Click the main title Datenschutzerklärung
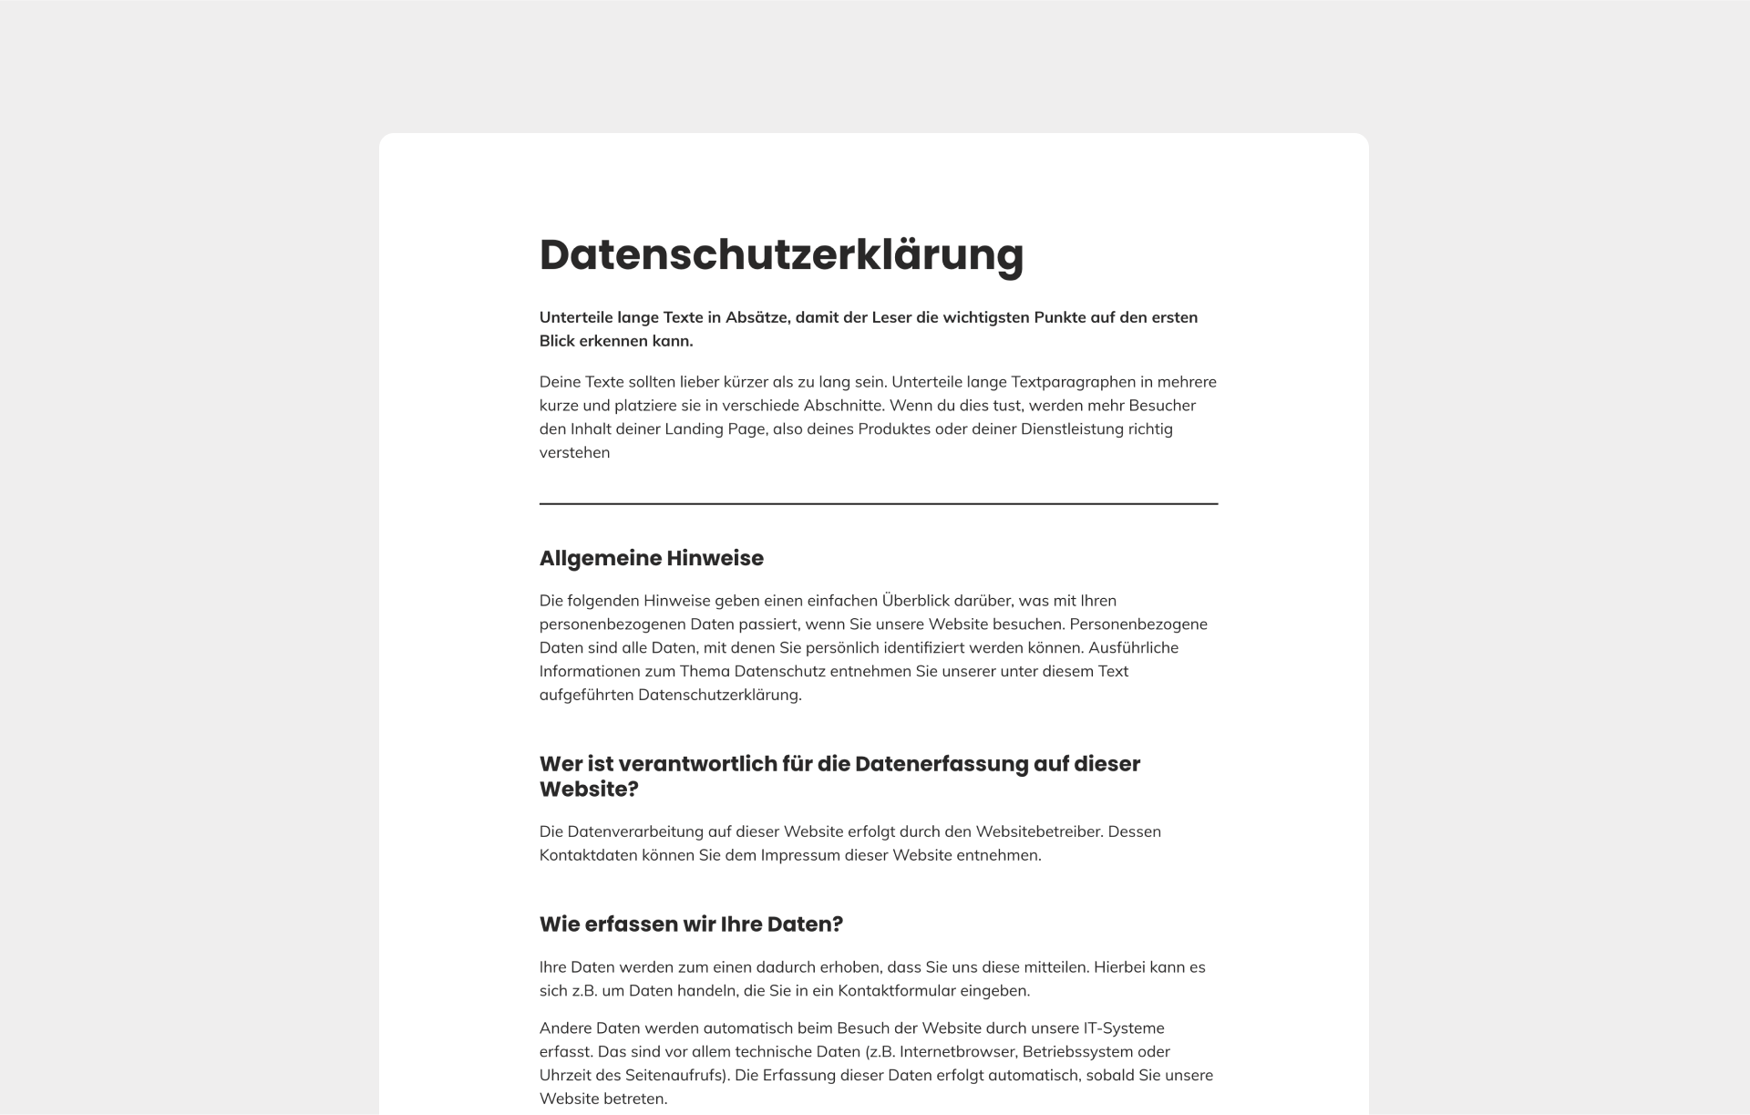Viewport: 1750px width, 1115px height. coord(781,254)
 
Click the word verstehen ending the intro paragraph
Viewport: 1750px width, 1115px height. coord(574,452)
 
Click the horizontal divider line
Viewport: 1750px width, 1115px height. coord(878,503)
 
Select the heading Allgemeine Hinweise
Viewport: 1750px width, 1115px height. coord(651,558)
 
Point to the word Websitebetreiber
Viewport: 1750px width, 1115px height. coord(1037,831)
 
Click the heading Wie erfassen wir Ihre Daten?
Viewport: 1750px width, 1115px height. coord(691,924)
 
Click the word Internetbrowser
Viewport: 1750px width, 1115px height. coord(955,1051)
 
